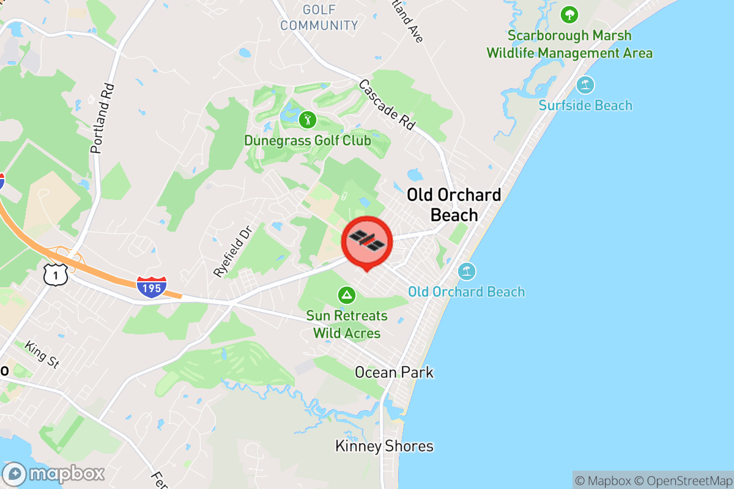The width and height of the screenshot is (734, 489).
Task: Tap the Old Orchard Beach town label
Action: point(454,205)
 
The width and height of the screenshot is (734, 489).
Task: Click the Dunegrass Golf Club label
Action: point(307,141)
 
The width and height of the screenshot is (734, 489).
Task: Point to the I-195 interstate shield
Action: point(152,287)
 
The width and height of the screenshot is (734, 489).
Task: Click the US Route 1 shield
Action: point(56,275)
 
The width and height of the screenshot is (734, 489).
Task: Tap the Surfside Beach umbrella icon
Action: point(585,84)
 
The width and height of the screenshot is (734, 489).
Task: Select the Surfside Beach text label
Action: point(585,106)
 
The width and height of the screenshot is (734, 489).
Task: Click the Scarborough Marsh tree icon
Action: point(569,14)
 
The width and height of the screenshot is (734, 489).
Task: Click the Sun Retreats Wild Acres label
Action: point(347,325)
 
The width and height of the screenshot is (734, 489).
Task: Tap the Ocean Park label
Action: point(395,372)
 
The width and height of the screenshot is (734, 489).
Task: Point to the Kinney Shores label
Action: point(384,447)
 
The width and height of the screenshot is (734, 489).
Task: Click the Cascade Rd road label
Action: point(387,104)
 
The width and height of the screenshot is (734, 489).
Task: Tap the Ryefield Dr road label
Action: point(233,251)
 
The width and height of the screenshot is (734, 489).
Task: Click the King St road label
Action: point(42,355)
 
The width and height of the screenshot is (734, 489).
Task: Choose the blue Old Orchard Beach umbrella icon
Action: point(467,271)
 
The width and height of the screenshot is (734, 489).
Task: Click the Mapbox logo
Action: point(53,474)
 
